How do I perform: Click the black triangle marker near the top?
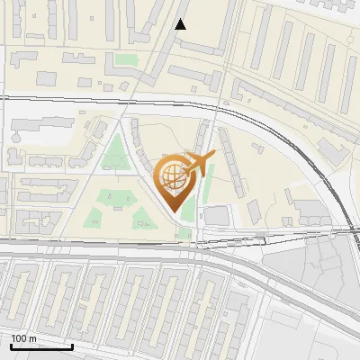coord(181,24)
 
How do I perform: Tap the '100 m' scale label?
coord(23,338)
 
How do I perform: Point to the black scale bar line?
coord(41,346)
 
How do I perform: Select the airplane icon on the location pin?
coord(201,163)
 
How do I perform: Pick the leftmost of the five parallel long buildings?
coord(261,40)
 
